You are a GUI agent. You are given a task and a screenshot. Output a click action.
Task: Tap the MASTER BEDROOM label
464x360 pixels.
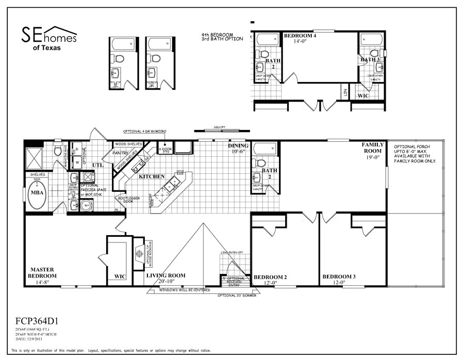pyautogui.click(x=42, y=273)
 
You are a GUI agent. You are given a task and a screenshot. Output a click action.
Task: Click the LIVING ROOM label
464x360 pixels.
pyautogui.click(x=165, y=275)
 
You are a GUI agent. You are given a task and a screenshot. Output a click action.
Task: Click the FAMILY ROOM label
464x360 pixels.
pyautogui.click(x=372, y=148)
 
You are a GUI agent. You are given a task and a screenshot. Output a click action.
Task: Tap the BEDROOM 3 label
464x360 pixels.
pyautogui.click(x=339, y=277)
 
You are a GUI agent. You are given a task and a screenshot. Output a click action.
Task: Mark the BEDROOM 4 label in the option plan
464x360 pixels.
pyautogui.click(x=300, y=36)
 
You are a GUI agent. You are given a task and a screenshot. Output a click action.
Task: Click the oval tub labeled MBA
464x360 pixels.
pyautogui.click(x=36, y=194)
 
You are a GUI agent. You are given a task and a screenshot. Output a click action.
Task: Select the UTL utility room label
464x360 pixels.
pyautogui.click(x=98, y=165)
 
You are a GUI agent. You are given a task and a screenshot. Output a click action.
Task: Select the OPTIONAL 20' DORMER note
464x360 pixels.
pyautogui.click(x=237, y=296)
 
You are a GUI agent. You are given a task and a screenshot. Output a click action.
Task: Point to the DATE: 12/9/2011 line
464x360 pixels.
pyautogui.click(x=28, y=339)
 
